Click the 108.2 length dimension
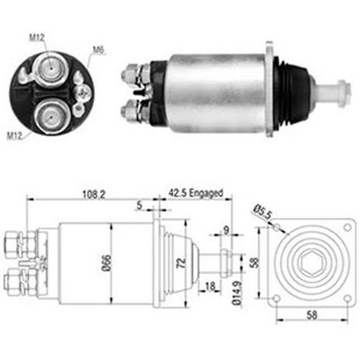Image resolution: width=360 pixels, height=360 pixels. point(94,194)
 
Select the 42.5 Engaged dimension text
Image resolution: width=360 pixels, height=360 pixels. point(196,193)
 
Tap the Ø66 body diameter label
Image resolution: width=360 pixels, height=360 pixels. point(106,264)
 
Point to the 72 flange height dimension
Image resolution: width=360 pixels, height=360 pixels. point(181,263)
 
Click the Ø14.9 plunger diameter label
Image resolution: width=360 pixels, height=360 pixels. point(237,293)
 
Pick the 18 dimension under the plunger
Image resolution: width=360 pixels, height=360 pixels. point(210,286)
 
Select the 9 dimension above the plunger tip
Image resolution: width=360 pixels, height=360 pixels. point(226,230)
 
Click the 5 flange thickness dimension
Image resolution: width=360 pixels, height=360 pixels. point(139,205)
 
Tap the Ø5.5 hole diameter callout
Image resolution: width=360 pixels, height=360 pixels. point(262,211)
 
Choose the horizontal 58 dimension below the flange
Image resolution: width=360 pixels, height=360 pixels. point(312,315)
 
